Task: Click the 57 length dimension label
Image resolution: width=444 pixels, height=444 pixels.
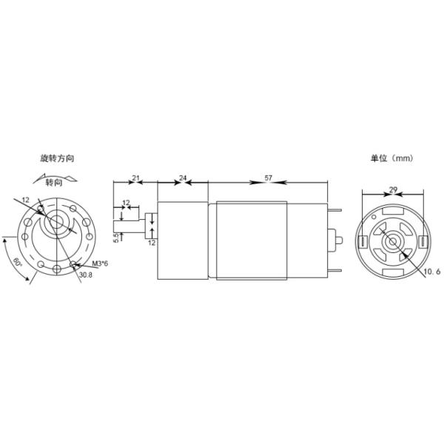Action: (x=268, y=178)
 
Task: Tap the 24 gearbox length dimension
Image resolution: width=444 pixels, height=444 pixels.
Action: (x=183, y=178)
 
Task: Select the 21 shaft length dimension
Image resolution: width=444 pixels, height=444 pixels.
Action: (x=135, y=178)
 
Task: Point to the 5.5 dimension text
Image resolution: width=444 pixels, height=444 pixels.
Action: (x=116, y=238)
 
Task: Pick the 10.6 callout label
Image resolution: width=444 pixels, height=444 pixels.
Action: (x=432, y=272)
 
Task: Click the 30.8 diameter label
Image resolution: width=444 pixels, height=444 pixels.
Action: (x=87, y=275)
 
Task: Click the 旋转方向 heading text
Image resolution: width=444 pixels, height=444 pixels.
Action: (x=57, y=158)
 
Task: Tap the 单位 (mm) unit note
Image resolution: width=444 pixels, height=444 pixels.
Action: (x=391, y=158)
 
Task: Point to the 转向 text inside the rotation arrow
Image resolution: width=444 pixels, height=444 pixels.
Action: (x=54, y=182)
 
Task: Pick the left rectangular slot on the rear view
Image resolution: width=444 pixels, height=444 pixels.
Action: (x=364, y=240)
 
